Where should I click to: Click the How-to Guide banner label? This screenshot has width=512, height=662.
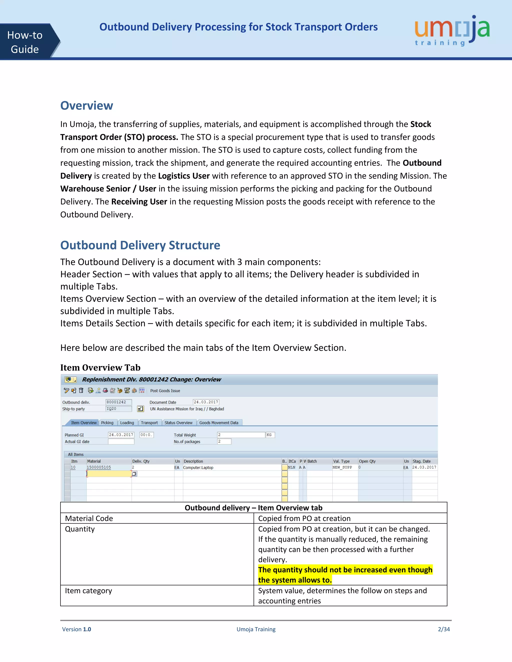(x=25, y=42)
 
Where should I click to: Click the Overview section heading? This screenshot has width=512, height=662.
(x=86, y=105)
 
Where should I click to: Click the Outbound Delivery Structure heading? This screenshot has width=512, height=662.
(x=140, y=245)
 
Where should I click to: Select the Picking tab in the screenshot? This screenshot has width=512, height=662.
(x=107, y=422)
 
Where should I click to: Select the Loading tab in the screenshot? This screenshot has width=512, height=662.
(x=127, y=422)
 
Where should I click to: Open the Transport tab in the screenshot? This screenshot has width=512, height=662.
(x=149, y=422)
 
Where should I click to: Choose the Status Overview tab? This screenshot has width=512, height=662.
(x=178, y=422)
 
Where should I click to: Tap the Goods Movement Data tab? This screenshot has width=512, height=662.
(x=218, y=422)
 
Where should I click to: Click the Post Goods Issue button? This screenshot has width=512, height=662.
(x=165, y=391)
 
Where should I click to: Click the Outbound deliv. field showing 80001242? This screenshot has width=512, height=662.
(x=118, y=402)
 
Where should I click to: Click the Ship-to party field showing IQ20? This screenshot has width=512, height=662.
(x=118, y=409)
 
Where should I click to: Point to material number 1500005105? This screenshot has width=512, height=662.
(x=99, y=467)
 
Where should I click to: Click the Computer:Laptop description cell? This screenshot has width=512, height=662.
(x=198, y=468)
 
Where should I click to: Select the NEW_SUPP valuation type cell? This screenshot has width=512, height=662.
(x=342, y=467)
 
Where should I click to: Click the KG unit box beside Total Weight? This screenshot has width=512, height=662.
(x=270, y=435)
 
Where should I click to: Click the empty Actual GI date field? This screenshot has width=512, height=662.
(x=121, y=442)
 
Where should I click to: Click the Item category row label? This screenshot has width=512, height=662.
(x=88, y=591)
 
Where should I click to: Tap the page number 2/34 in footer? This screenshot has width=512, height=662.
(x=443, y=629)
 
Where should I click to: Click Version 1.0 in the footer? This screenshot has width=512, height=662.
(x=76, y=629)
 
